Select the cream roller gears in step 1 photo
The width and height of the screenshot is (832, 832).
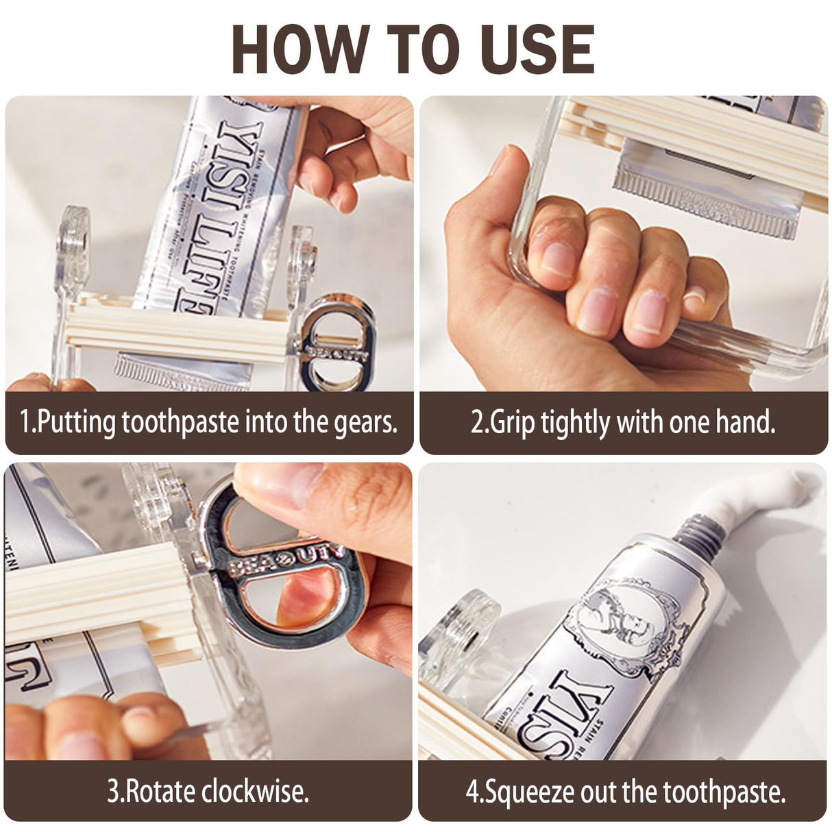coord(175,332)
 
